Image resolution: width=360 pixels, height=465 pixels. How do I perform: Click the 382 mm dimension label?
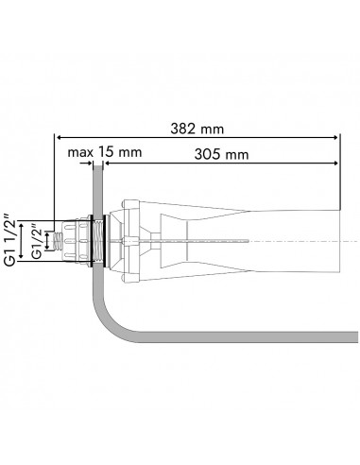coord(197,129)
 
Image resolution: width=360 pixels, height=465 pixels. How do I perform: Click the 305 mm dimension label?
coord(221,154)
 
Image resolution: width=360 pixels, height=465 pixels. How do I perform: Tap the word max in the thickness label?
coord(80,152)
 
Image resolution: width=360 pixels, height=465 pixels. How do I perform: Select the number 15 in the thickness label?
coord(106,151)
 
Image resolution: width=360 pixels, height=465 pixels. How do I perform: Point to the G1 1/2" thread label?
coord(9,239)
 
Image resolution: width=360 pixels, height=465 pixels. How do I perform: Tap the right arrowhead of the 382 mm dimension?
coord(335,137)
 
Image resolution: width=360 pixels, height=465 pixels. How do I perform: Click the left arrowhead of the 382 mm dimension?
coord(59,137)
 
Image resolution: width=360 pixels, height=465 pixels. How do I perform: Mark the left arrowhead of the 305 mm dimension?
coord(108,163)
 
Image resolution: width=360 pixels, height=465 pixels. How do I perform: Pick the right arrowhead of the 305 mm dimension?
coord(335,163)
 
